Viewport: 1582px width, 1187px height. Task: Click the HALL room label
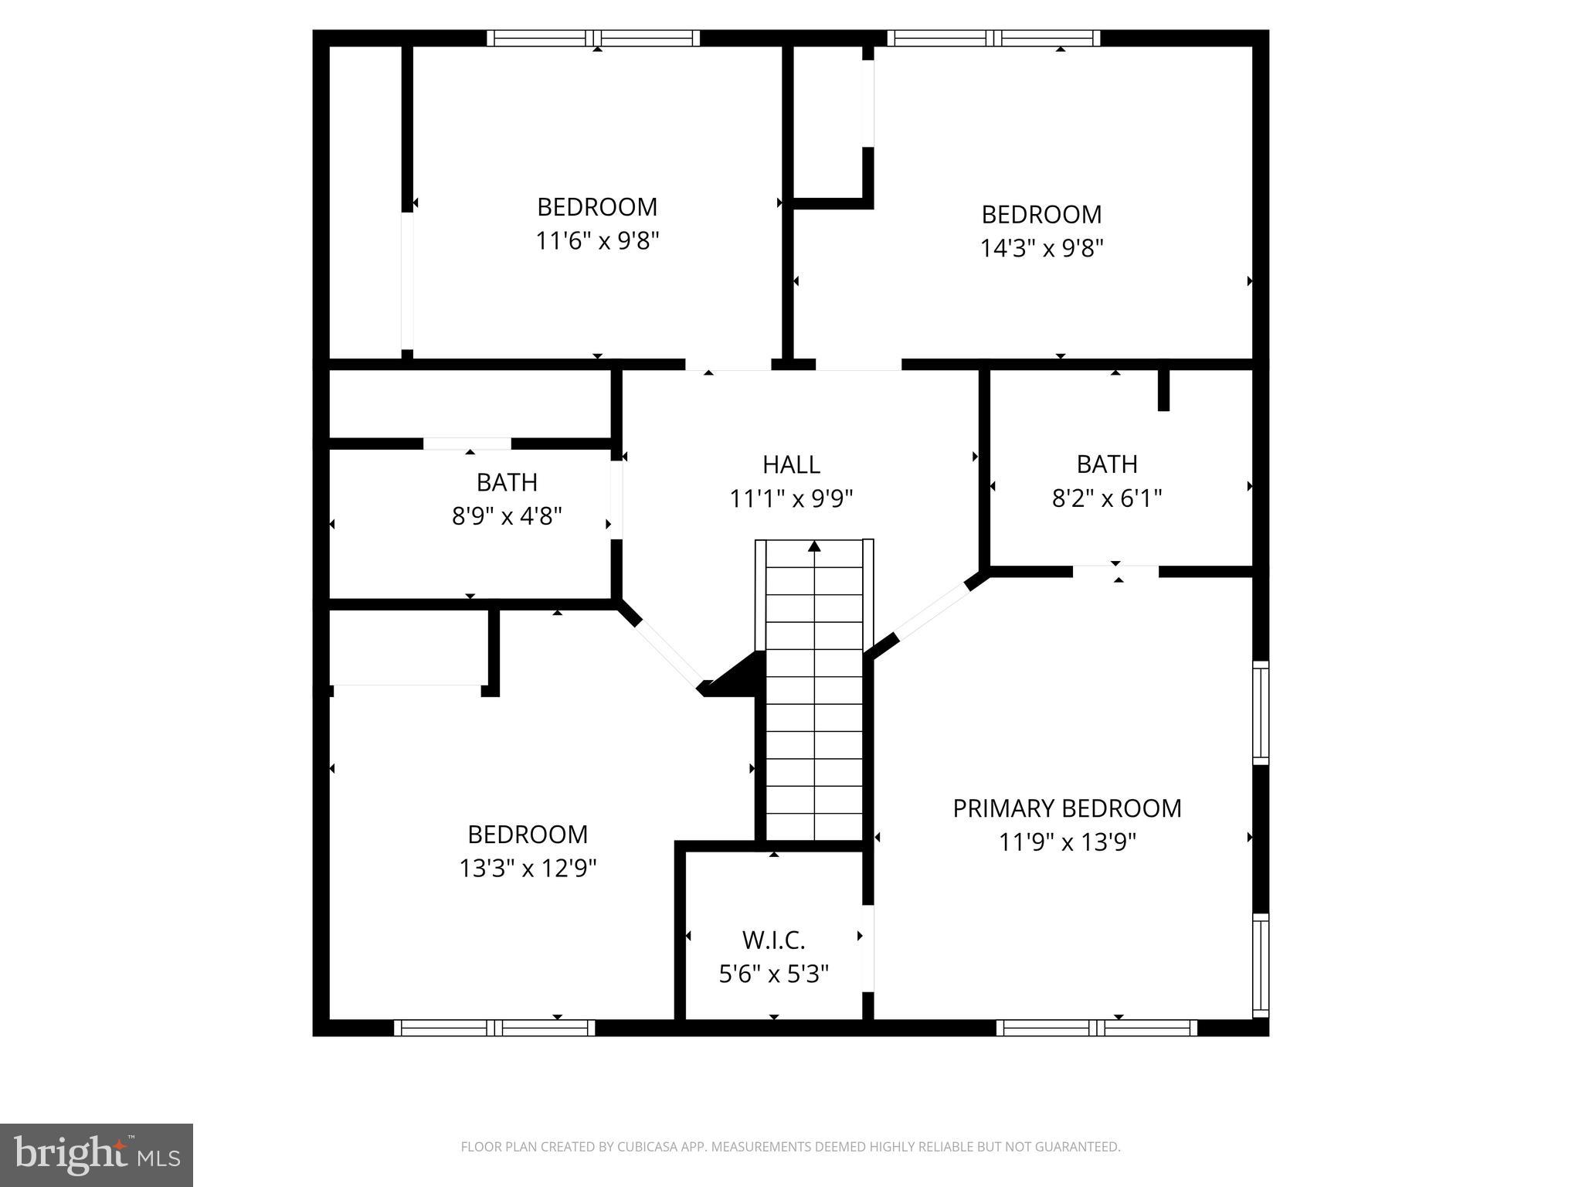791,464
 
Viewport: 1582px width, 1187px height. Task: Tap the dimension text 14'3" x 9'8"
1041,248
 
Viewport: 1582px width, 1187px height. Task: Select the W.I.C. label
773,940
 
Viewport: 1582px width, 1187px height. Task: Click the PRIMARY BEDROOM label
1067,808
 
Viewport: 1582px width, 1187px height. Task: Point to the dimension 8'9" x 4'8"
507,515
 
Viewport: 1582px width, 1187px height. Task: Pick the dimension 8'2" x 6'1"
1106,498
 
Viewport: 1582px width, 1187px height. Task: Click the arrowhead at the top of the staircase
814,546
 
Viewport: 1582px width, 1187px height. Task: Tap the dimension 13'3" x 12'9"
528,869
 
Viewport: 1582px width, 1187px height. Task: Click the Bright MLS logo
96,1155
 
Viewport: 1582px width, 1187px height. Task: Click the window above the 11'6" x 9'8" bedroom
593,38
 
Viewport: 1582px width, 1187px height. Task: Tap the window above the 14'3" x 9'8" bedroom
993,38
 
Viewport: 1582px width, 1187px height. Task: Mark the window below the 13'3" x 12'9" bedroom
494,1028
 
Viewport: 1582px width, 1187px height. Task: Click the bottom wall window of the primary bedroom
1096,1028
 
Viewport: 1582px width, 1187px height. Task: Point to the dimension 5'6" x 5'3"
773,974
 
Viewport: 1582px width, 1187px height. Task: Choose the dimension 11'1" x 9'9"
791,499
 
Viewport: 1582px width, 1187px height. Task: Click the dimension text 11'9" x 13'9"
1067,842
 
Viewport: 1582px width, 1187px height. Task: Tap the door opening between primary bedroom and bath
1115,572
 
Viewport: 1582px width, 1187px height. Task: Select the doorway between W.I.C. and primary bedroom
868,948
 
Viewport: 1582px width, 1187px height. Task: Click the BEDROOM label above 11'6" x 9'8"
597,207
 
